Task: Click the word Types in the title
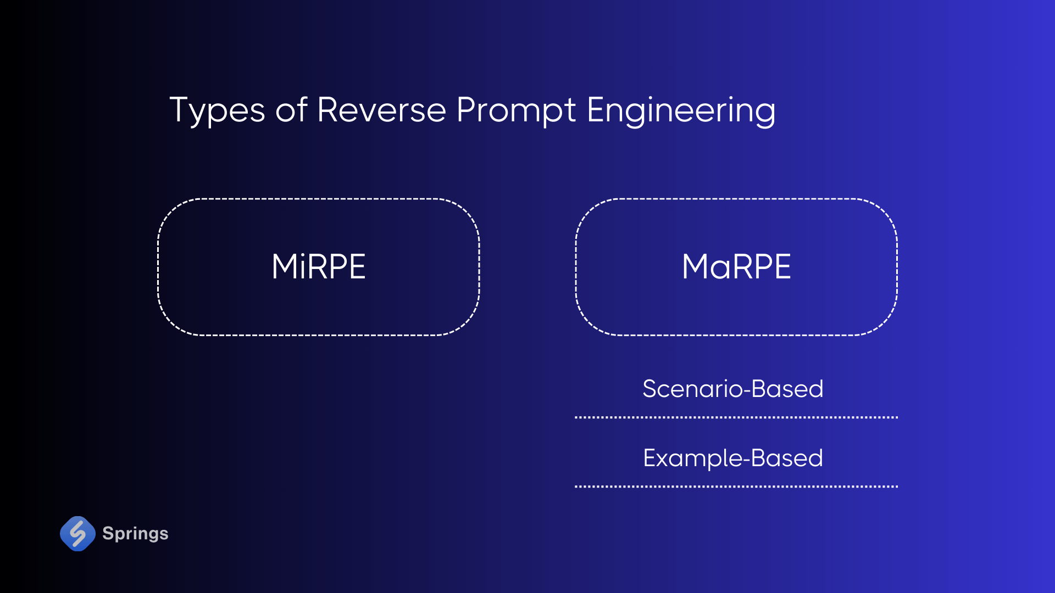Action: pyautogui.click(x=218, y=110)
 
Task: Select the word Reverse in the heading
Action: pyautogui.click(x=381, y=110)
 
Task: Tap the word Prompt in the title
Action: pyautogui.click(x=516, y=110)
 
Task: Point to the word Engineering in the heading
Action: pyautogui.click(x=681, y=110)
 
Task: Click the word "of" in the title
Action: pyautogui.click(x=291, y=110)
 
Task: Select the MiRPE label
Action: pyautogui.click(x=319, y=267)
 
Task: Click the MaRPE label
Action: pyautogui.click(x=736, y=267)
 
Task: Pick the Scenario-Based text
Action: pyautogui.click(x=733, y=389)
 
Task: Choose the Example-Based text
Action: pyautogui.click(x=733, y=458)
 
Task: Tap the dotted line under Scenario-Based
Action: pyautogui.click(x=736, y=417)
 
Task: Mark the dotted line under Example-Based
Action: pyautogui.click(x=736, y=486)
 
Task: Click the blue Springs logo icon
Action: pyautogui.click(x=77, y=533)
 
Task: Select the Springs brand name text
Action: pyautogui.click(x=135, y=533)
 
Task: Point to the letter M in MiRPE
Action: pyautogui.click(x=285, y=267)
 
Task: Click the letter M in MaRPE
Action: pyautogui.click(x=696, y=267)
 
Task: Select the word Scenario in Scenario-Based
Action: pyautogui.click(x=693, y=389)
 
